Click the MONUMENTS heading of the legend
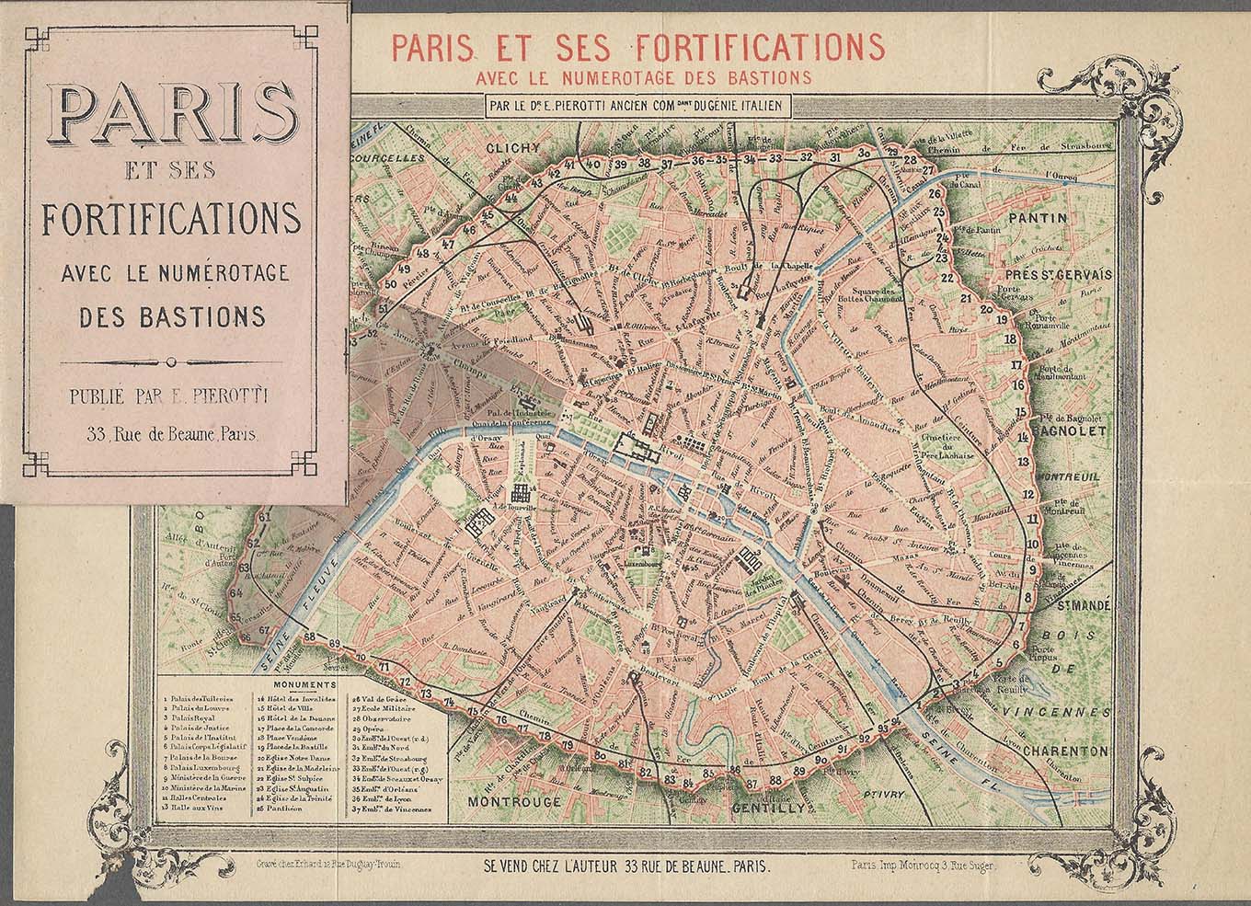tap(302, 685)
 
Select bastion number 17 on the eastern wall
tap(1016, 365)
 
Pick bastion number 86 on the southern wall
tap(733, 770)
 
